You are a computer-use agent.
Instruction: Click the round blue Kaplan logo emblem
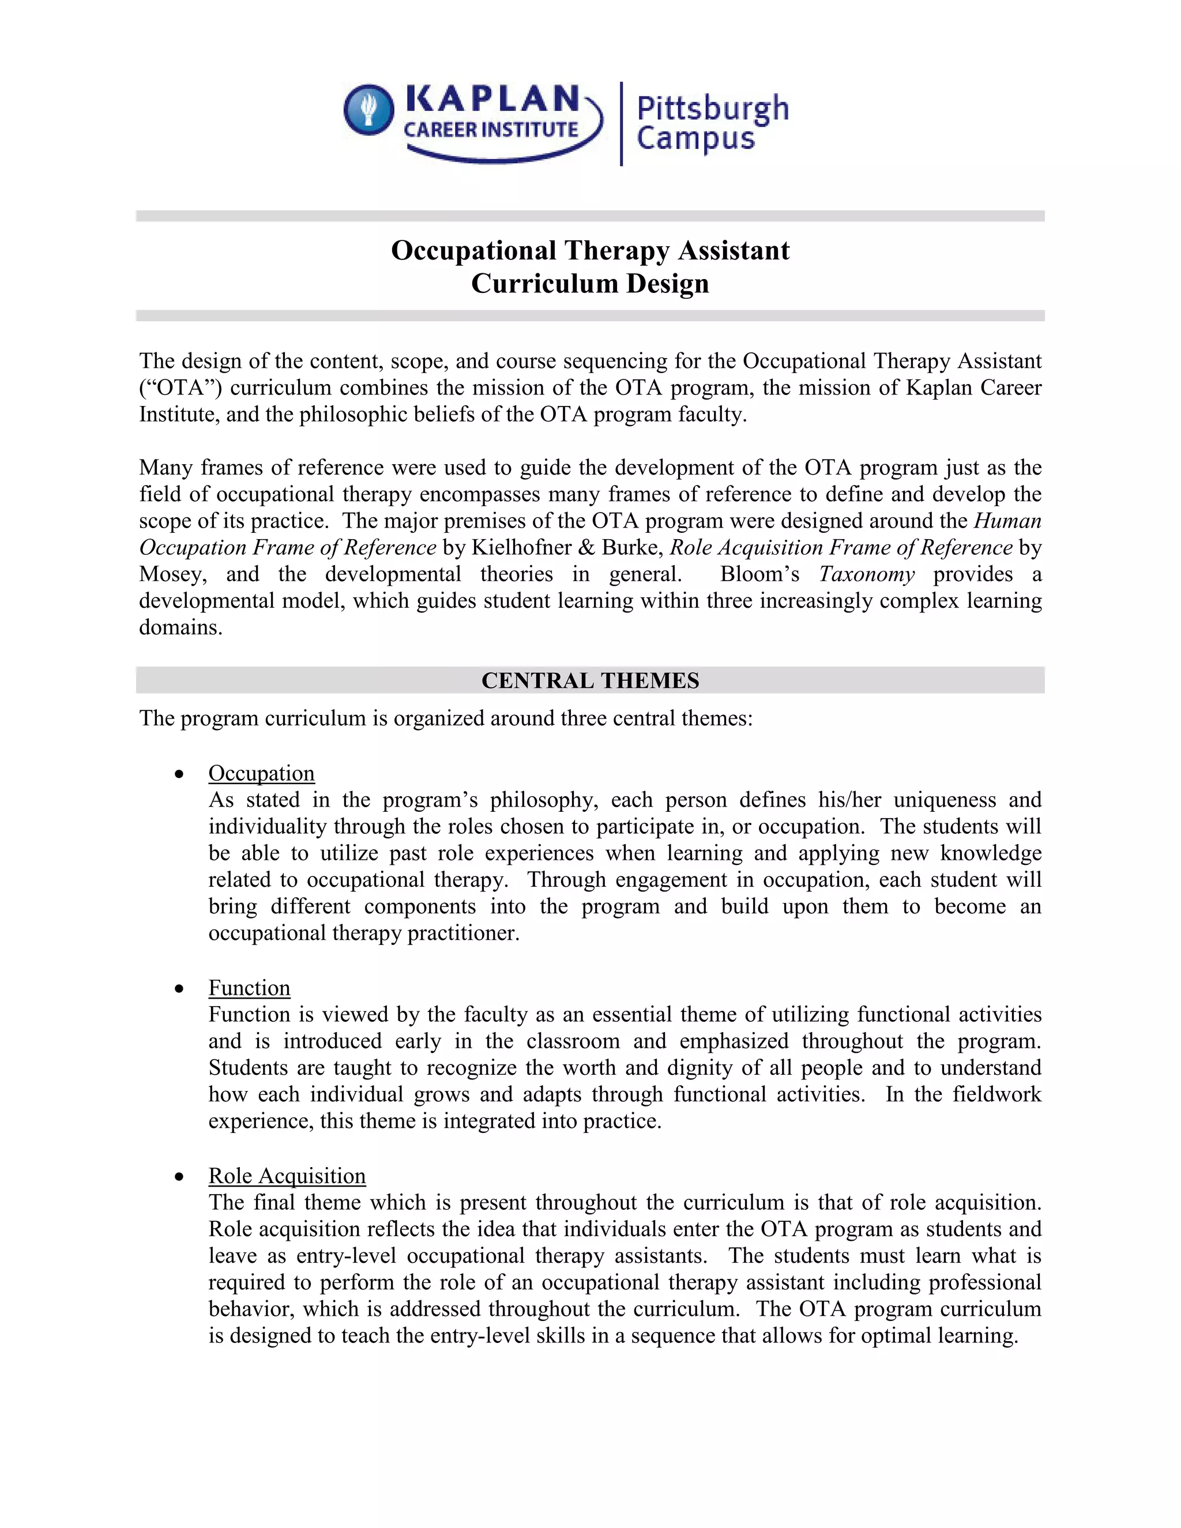tap(368, 110)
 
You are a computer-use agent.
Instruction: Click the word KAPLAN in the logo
tap(492, 99)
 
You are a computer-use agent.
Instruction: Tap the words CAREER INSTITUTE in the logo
tap(491, 130)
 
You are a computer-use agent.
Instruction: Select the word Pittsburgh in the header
tap(712, 108)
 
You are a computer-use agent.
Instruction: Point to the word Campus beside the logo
tap(695, 138)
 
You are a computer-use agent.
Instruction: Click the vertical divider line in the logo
tap(621, 124)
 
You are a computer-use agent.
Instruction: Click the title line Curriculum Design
tap(590, 283)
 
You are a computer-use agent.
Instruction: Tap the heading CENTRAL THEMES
tap(590, 681)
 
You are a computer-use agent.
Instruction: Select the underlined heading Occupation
tap(261, 773)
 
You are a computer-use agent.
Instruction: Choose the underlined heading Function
tap(249, 988)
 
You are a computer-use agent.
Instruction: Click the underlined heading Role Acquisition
tap(287, 1176)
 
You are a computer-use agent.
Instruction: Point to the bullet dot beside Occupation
tap(180, 774)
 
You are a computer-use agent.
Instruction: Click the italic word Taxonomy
tap(866, 574)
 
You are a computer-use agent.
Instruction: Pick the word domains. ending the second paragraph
tap(180, 627)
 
